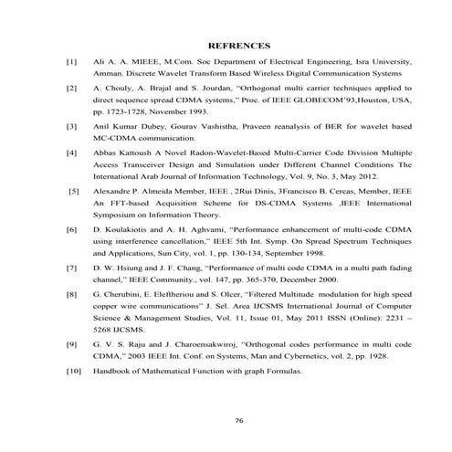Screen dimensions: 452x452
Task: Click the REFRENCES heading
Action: pyautogui.click(x=238, y=45)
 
